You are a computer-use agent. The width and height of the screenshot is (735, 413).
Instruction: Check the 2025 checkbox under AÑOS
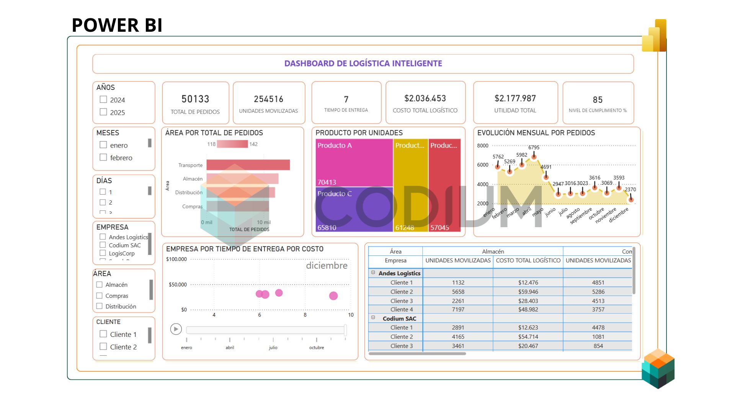[x=103, y=112]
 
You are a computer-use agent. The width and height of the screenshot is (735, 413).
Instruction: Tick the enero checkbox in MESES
[x=103, y=145]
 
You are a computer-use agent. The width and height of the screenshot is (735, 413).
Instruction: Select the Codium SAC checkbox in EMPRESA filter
[x=103, y=245]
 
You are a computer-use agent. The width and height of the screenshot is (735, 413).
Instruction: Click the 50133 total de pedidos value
[x=195, y=99]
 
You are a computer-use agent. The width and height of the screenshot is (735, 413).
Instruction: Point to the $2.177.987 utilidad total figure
[x=515, y=98]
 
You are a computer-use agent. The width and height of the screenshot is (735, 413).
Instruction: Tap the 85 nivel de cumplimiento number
[x=598, y=100]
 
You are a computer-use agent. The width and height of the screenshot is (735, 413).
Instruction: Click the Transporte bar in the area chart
[x=248, y=165]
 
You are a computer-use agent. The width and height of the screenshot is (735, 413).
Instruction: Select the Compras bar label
[x=192, y=206]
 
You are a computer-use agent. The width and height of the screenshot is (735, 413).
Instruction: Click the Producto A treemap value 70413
[x=327, y=182]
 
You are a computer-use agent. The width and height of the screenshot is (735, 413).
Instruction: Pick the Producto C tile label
[x=334, y=193]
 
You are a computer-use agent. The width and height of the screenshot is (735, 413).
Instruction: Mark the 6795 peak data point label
[x=534, y=147]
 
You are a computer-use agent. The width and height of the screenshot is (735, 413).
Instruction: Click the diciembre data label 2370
[x=630, y=189]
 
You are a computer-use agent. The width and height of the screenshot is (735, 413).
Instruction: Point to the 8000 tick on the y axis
[x=483, y=146]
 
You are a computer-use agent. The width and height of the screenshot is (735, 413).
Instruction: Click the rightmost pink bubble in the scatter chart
[x=333, y=296]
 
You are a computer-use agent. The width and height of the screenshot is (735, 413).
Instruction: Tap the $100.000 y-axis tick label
[x=176, y=259]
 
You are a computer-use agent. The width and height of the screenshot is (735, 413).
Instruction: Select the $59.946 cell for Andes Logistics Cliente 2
[x=528, y=292]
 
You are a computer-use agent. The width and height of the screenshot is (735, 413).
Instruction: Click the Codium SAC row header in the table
[x=399, y=319]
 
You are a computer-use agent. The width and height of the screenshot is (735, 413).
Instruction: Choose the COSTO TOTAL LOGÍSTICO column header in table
[x=528, y=260]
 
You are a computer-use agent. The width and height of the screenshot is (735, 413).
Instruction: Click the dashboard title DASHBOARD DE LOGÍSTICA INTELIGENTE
[x=363, y=63]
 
